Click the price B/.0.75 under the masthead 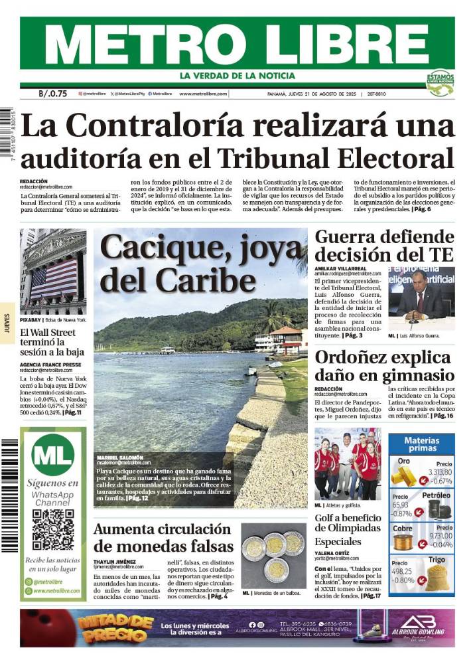53,94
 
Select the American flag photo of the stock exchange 53,272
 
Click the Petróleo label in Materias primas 436,495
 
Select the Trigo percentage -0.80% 402,580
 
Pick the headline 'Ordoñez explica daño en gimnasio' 384,366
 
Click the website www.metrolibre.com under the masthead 203,94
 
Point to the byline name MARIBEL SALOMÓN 124,457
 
